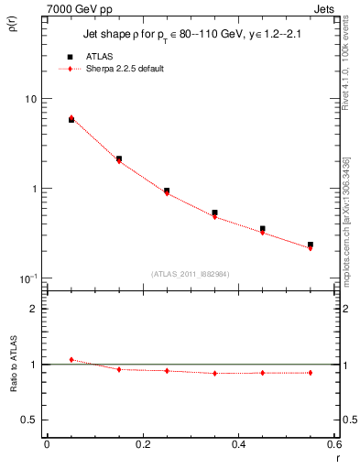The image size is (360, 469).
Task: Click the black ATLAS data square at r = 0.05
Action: pyautogui.click(x=71, y=120)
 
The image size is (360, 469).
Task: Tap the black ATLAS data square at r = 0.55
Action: pyautogui.click(x=311, y=245)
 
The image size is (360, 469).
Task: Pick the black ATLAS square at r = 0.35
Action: pyautogui.click(x=214, y=213)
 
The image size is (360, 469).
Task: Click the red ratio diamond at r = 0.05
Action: pyautogui.click(x=71, y=360)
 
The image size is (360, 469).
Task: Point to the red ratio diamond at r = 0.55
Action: pyautogui.click(x=311, y=373)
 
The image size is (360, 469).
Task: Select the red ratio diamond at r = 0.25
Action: pyautogui.click(x=167, y=371)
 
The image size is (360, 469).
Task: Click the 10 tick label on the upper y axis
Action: pyautogui.click(x=29, y=99)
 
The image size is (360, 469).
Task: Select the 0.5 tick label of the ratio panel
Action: pyautogui.click(x=28, y=420)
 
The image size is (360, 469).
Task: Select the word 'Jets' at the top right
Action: pyautogui.click(x=324, y=8)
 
